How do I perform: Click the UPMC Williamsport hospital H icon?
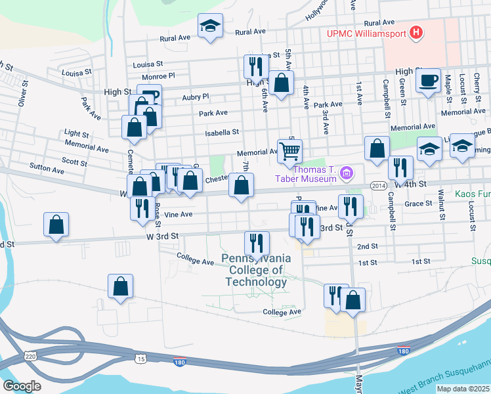pyautogui.click(x=415, y=32)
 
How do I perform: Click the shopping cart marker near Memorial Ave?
pyautogui.click(x=289, y=152)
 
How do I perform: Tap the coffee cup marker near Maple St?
pyautogui.click(x=428, y=81)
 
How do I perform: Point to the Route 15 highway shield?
pyautogui.click(x=140, y=359)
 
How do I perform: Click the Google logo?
pyautogui.click(x=22, y=386)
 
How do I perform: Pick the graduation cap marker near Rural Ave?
pyautogui.click(x=210, y=26)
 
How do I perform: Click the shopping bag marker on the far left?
pyautogui.click(x=56, y=225)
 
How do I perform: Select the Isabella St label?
pyautogui.click(x=222, y=132)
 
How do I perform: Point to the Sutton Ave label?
pyautogui.click(x=49, y=170)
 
